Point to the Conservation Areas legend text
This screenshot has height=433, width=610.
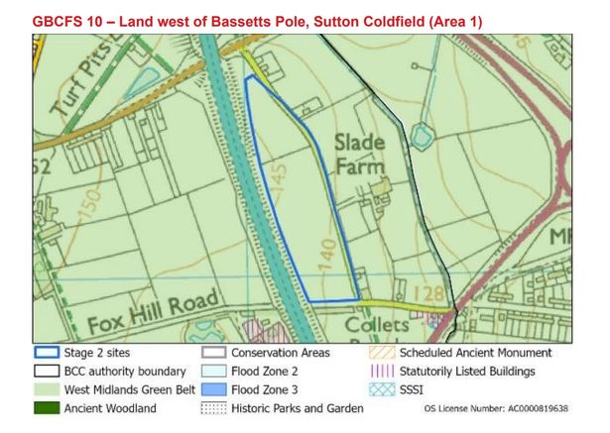click(281, 353)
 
